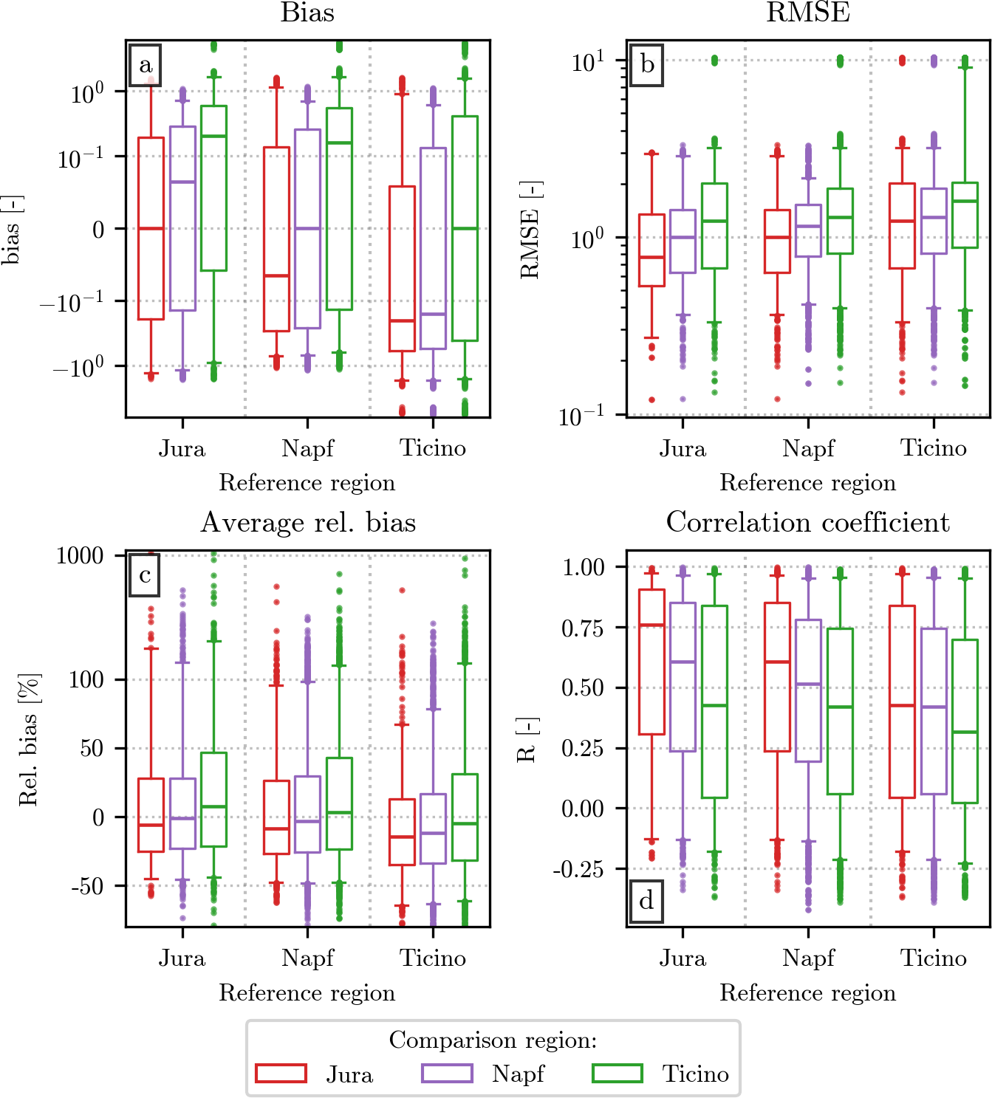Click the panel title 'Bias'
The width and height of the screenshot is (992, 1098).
point(307,13)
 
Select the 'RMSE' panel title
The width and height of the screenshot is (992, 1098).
point(807,13)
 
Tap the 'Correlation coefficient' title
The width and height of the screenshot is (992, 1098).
point(807,522)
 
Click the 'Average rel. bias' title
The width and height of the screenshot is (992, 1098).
point(308,522)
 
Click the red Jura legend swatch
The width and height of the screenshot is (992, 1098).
point(281,1073)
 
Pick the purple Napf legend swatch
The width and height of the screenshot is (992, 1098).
point(447,1073)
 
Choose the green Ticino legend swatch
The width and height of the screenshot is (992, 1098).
point(618,1073)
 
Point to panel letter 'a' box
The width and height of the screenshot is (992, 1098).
point(146,65)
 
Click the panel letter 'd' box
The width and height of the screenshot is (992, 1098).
point(646,901)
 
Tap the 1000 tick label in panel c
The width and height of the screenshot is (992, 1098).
point(80,555)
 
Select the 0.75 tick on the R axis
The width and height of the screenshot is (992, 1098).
point(583,628)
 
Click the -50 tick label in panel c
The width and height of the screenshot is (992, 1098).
point(87,885)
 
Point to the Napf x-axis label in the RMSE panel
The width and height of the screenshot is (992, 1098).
point(808,448)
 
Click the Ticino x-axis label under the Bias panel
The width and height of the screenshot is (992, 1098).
point(433,448)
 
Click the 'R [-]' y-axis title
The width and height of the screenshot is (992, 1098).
point(527,739)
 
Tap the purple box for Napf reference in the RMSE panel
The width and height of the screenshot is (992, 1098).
point(808,230)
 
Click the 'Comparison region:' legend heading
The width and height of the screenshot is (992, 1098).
point(493,1040)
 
